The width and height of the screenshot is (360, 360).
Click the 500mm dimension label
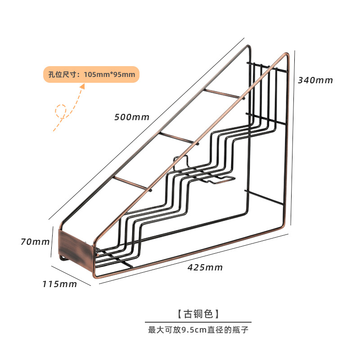pyautogui.click(x=131, y=117)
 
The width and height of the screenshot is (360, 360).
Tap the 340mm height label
pyautogui.click(x=315, y=81)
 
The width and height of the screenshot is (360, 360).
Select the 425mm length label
pyautogui.click(x=205, y=267)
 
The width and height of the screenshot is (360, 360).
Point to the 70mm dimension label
pyautogui.click(x=35, y=242)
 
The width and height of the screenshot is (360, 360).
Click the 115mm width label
pyautogui.click(x=60, y=284)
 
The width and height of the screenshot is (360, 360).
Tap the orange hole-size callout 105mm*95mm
pyautogui.click(x=91, y=74)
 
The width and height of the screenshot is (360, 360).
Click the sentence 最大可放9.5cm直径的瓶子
pyautogui.click(x=198, y=330)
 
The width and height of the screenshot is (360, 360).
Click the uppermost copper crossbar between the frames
pyautogui.click(x=223, y=94)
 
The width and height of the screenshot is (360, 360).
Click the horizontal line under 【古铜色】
pyautogui.click(x=198, y=322)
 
